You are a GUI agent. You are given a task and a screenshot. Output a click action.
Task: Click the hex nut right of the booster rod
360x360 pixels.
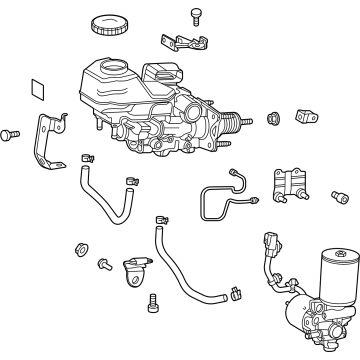[x=272, y=120]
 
